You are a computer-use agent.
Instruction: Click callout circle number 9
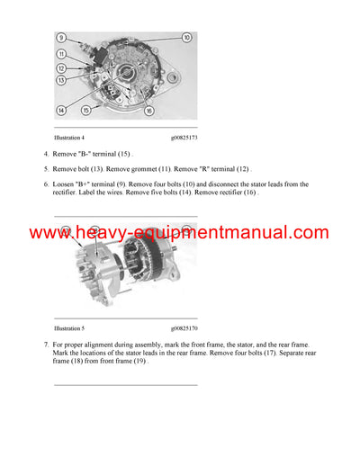pyautogui.click(x=61, y=38)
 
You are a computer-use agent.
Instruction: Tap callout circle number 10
pyautogui.click(x=186, y=38)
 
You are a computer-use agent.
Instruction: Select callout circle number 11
pyautogui.click(x=61, y=54)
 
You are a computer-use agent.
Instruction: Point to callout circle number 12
pyautogui.click(x=61, y=68)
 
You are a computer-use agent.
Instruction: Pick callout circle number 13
pyautogui.click(x=61, y=80)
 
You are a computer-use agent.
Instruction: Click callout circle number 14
pyautogui.click(x=61, y=110)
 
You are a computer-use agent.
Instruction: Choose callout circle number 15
pyautogui.click(x=86, y=110)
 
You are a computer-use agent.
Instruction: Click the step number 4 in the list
pyautogui.click(x=45, y=155)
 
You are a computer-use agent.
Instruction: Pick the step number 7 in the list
pyautogui.click(x=45, y=345)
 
